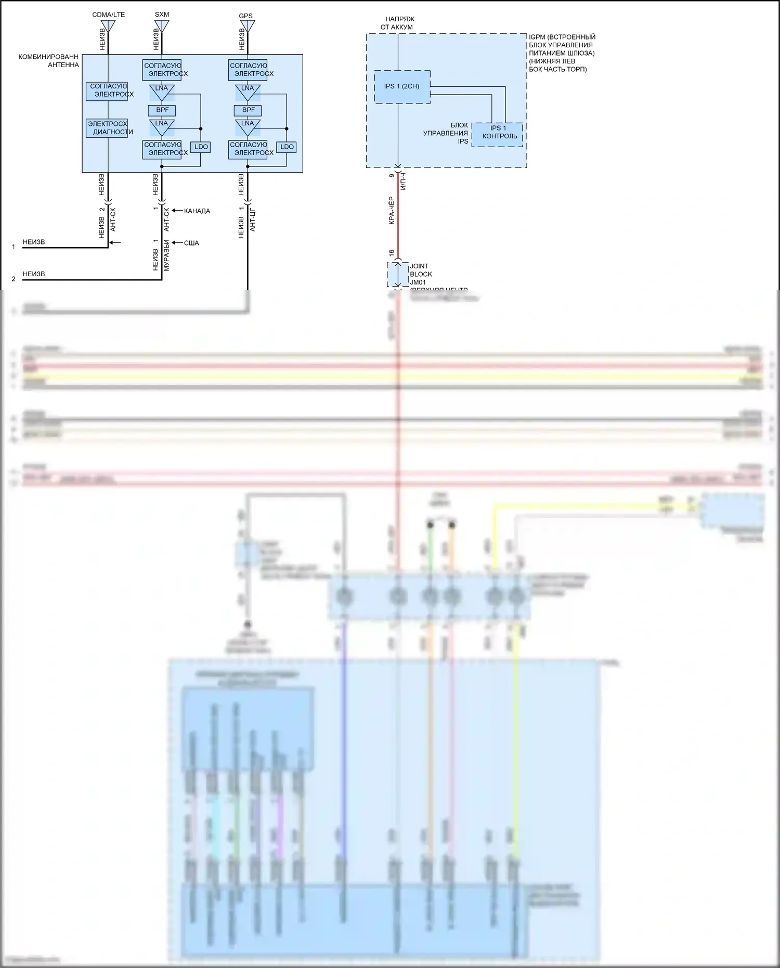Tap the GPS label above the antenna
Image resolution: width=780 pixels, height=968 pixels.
tap(245, 16)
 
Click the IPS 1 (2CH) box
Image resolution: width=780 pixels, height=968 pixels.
tap(402, 86)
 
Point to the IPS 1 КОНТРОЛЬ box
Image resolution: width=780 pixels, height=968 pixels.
tap(498, 135)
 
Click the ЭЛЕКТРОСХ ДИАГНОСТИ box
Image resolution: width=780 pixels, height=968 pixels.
tap(107, 128)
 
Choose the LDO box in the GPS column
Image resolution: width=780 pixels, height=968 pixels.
tap(287, 147)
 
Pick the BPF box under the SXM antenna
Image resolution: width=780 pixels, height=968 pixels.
tap(162, 110)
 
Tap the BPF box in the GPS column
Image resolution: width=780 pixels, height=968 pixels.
tap(248, 110)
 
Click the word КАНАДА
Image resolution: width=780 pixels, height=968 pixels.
tap(197, 211)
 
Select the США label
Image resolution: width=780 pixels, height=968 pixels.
tap(191, 243)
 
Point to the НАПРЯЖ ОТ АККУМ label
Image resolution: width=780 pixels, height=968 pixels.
tap(399, 23)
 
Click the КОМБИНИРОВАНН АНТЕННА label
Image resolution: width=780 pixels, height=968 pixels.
tap(49, 61)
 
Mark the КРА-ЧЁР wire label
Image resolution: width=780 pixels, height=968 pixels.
tap(392, 211)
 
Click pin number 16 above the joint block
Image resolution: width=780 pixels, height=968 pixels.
tap(392, 253)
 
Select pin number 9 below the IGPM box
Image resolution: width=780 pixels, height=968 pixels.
tap(392, 176)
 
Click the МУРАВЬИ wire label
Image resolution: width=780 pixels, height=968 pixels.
tap(166, 255)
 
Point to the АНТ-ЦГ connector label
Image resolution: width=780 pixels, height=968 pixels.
tap(252, 220)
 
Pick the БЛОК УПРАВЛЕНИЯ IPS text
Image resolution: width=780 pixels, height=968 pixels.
tap(446, 133)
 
